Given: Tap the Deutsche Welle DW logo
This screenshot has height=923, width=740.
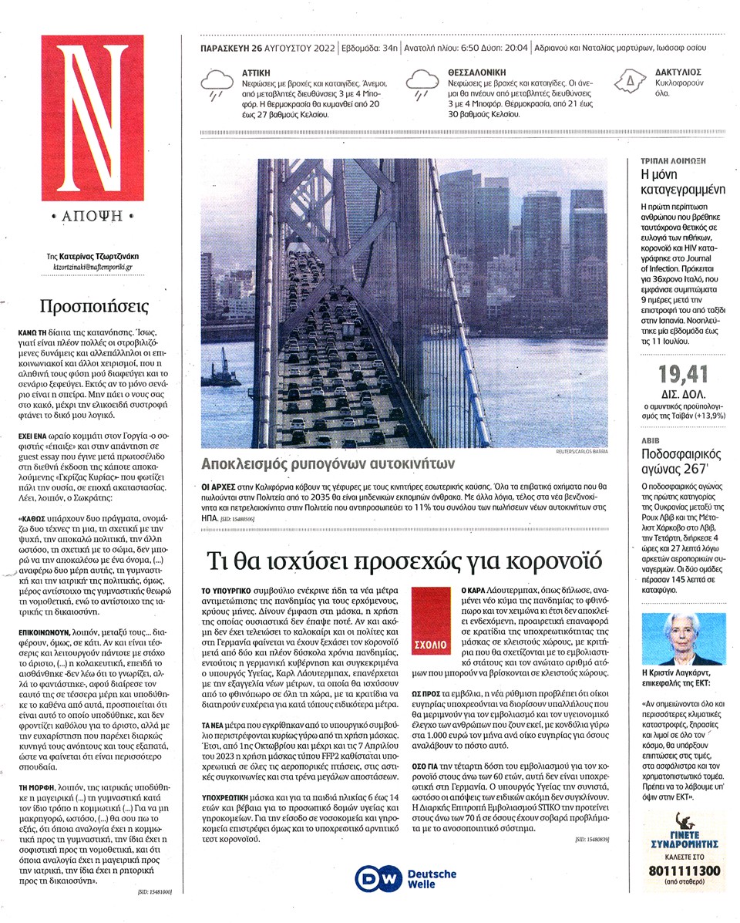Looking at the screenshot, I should pyautogui.click(x=377, y=879).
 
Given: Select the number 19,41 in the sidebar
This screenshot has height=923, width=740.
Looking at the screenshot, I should pyautogui.click(x=682, y=375).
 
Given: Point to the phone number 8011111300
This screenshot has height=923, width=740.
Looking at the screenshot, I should pyautogui.click(x=684, y=871).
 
